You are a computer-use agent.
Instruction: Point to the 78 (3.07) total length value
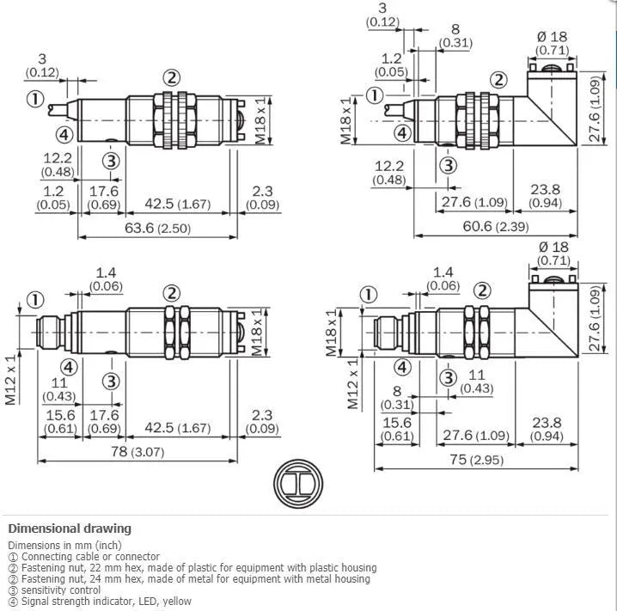pyautogui.click(x=135, y=453)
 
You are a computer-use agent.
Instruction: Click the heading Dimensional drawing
pyautogui.click(x=70, y=529)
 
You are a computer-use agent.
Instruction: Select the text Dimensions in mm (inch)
pyautogui.click(x=64, y=545)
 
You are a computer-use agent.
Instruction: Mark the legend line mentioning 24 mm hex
pyautogui.click(x=193, y=578)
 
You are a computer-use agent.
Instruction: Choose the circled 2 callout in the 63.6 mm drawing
pyautogui.click(x=172, y=77)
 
